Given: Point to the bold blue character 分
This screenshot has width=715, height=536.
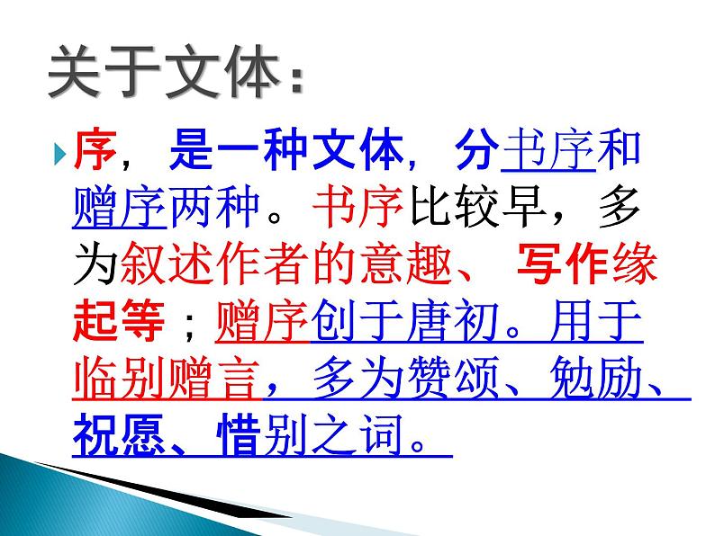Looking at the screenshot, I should coord(475,155).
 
